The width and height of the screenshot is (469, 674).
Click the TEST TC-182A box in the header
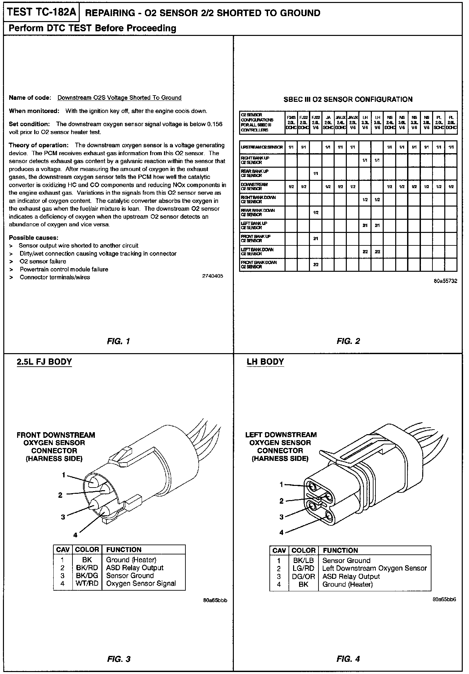pyautogui.click(x=41, y=13)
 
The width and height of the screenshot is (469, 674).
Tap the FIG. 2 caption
pyautogui.click(x=348, y=341)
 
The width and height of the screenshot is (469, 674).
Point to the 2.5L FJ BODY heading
pyautogui.click(x=44, y=362)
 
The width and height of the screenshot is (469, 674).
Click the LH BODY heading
pyautogui.click(x=265, y=362)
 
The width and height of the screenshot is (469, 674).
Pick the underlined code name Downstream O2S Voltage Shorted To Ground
pyautogui.click(x=119, y=98)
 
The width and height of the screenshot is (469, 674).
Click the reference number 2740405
pyautogui.click(x=212, y=276)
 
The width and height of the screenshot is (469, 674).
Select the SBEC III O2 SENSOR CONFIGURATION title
pyautogui.click(x=348, y=99)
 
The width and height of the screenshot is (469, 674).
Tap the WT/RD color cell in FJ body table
pyautogui.click(x=87, y=583)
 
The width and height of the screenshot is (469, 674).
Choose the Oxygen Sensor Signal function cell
pyautogui.click(x=141, y=583)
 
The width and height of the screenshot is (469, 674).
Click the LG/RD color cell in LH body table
pyautogui.click(x=303, y=568)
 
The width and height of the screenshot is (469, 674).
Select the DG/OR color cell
pyautogui.click(x=303, y=576)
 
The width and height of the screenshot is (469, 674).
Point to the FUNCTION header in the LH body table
pyautogui.click(x=340, y=550)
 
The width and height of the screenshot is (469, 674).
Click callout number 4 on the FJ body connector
pyautogui.click(x=75, y=535)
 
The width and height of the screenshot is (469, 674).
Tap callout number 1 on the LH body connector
pyautogui.click(x=281, y=484)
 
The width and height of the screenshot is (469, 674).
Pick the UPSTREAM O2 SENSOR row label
pyautogui.click(x=262, y=147)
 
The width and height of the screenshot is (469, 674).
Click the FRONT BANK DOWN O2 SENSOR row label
pyautogui.click(x=259, y=265)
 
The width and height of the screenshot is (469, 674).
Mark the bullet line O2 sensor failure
pyautogui.click(x=43, y=261)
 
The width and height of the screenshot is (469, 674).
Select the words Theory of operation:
pyautogui.click(x=39, y=145)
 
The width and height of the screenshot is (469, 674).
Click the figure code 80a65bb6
pyautogui.click(x=445, y=600)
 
